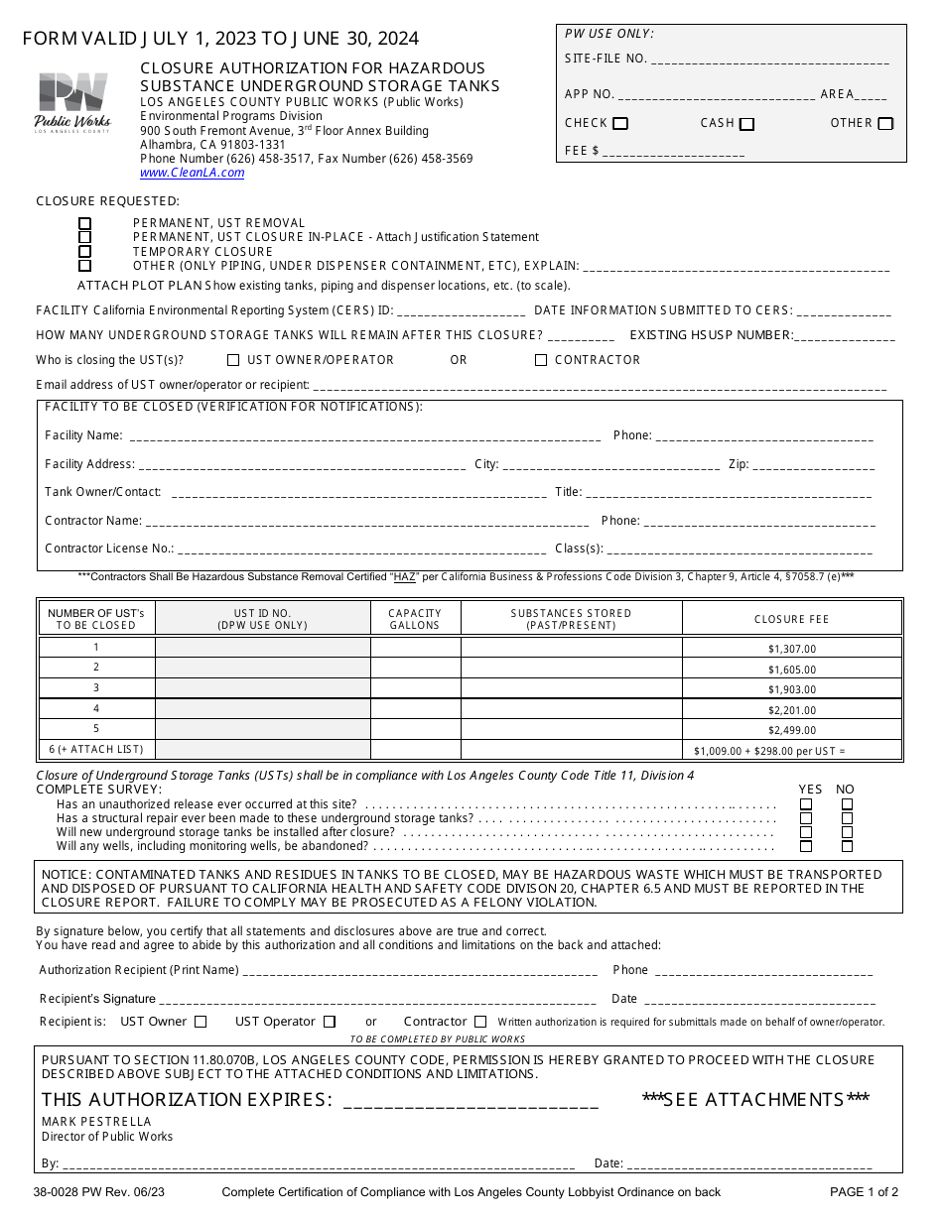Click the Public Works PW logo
(72, 102)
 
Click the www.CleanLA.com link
(192, 173)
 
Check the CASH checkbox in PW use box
(747, 124)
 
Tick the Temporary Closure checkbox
(85, 252)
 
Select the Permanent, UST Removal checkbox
(85, 223)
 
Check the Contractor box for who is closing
(541, 360)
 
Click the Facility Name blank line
(364, 436)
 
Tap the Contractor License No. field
(361, 549)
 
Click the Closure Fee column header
(791, 619)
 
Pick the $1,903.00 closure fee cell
(791, 689)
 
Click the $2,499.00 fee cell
(791, 730)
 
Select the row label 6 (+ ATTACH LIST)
(96, 750)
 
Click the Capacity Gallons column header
(414, 619)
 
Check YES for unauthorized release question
(806, 804)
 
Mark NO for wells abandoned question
(847, 846)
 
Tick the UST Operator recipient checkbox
(330, 1022)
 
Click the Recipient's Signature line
(377, 1000)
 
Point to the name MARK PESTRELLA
(96, 1122)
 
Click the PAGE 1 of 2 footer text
(864, 1192)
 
